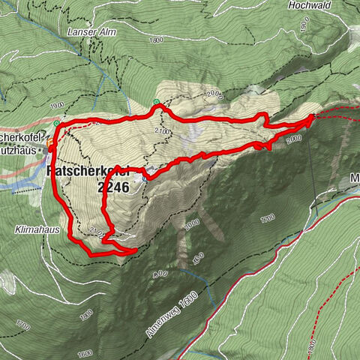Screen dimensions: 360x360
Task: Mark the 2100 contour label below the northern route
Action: [x=162, y=131]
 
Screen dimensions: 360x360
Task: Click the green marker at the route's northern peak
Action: [x=155, y=102]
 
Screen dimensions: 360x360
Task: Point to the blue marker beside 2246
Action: [x=144, y=175]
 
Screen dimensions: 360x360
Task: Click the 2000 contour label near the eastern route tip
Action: [x=292, y=139]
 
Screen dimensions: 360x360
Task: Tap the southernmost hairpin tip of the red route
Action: [x=135, y=250]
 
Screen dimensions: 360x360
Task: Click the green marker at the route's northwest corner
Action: [x=56, y=122]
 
